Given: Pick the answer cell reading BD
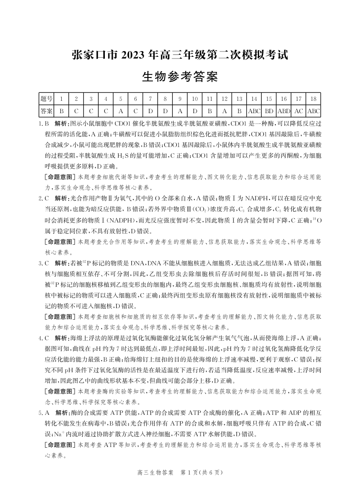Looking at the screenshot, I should (269, 111).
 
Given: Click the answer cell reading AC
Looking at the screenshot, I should (299, 111).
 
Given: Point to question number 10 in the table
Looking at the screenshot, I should (195, 99).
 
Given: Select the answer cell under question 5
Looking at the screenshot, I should (121, 111).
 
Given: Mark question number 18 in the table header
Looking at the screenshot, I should (313, 99).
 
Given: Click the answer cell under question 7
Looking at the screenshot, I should (150, 111).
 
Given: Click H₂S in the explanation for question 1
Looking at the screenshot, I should (123, 156).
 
